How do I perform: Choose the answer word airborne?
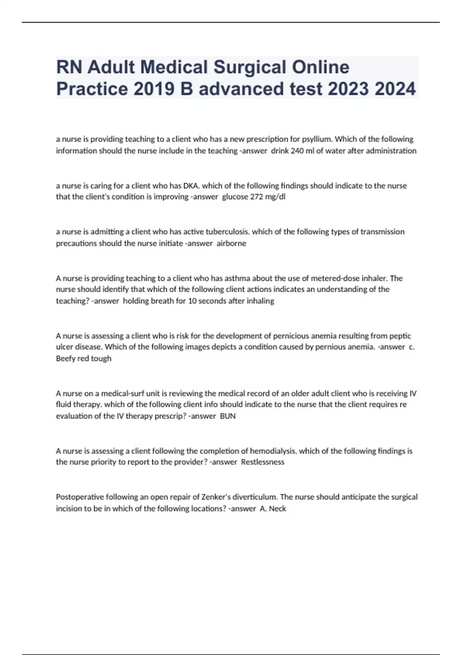pos(231,244)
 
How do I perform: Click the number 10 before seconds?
pos(192,301)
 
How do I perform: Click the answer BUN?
pos(228,416)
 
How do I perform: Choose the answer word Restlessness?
pos(263,462)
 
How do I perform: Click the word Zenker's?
pos(219,497)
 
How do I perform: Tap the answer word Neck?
pos(277,509)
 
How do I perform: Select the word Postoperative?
pos(80,497)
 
